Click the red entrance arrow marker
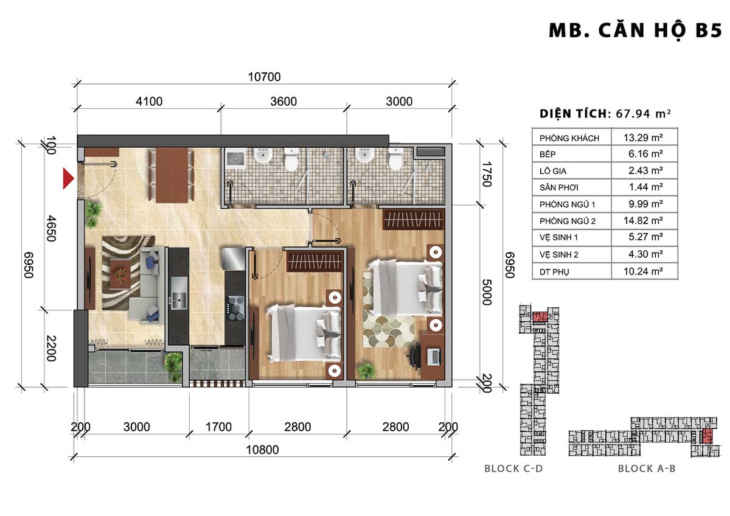(x=68, y=179)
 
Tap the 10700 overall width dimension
(x=264, y=77)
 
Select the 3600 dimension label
(x=283, y=102)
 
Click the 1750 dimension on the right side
(x=487, y=174)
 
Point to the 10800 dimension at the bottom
(x=262, y=450)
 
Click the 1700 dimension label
(x=218, y=427)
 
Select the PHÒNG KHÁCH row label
(x=569, y=138)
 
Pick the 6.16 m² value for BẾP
(x=645, y=154)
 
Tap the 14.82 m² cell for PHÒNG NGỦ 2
(x=643, y=221)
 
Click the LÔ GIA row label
(x=553, y=171)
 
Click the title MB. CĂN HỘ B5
(x=636, y=31)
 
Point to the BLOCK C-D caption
(x=513, y=469)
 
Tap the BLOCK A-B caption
(x=647, y=469)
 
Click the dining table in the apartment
(x=172, y=175)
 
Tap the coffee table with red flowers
(x=120, y=274)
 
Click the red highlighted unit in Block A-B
(x=707, y=436)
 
